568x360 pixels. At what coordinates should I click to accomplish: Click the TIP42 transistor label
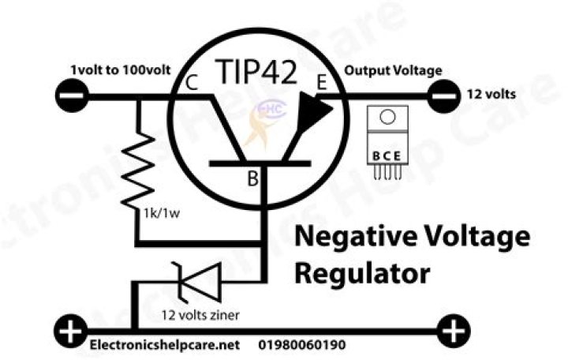(256, 71)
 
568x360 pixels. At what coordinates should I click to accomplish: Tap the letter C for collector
(192, 83)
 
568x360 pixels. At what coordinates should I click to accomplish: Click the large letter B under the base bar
(253, 178)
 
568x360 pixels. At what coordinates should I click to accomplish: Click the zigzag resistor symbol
(137, 171)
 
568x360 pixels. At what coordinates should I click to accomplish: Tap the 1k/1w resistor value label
(162, 213)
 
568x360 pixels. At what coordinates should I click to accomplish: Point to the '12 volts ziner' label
(200, 315)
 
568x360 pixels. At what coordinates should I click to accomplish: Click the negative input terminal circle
(72, 96)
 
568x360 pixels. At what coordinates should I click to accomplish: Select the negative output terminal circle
(444, 96)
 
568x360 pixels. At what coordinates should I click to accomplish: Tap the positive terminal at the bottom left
(71, 332)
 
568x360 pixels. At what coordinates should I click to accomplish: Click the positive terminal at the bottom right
(454, 332)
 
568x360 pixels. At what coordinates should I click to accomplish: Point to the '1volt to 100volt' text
(120, 69)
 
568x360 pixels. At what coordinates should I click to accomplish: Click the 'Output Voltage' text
(393, 70)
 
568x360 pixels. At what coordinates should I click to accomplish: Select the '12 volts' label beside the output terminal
(491, 94)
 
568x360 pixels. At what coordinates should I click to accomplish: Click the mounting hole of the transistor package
(387, 117)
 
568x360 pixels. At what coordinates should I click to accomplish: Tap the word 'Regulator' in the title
(362, 275)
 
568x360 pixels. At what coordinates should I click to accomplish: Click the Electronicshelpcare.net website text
(165, 345)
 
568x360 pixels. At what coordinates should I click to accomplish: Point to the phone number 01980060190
(302, 344)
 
